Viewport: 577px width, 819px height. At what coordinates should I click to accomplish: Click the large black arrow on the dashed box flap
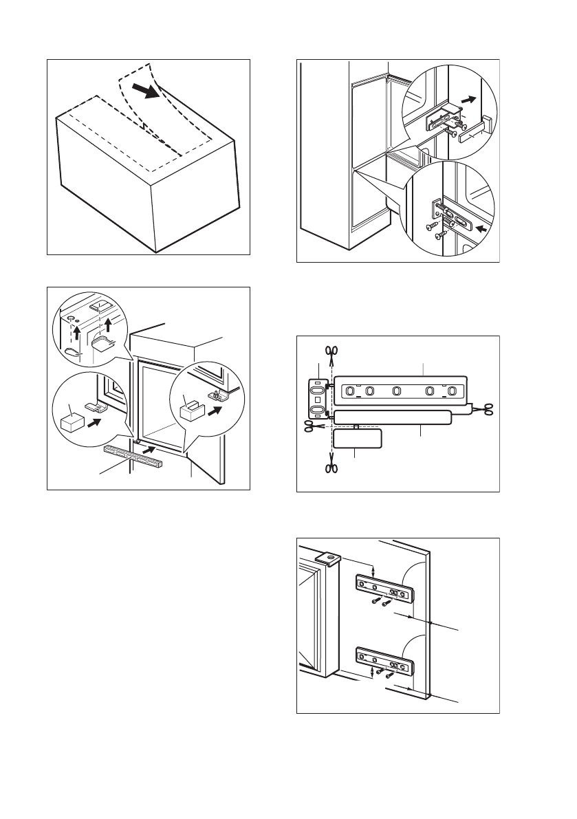point(146,92)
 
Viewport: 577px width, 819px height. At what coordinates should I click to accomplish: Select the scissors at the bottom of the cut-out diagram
point(331,469)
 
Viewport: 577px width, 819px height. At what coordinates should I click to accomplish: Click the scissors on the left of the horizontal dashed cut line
point(310,426)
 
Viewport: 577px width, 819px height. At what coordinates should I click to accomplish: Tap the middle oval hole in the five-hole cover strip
point(396,391)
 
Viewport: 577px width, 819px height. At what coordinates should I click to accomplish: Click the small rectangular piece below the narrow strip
point(356,439)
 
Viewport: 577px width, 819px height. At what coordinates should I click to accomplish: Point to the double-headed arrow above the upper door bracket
point(373,570)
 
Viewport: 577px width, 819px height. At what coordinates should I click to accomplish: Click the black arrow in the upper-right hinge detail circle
point(468,100)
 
